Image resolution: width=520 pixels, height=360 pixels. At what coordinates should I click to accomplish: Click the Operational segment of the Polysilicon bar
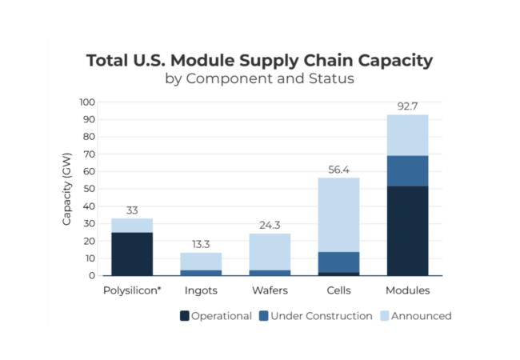pos(132,254)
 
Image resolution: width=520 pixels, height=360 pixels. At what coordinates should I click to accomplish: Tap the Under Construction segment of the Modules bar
pos(407,170)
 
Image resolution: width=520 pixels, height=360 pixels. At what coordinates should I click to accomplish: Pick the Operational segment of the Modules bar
pos(407,230)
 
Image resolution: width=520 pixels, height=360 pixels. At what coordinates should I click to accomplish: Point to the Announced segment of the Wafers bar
pos(270,251)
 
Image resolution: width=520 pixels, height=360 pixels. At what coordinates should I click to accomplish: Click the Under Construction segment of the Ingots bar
pos(201,273)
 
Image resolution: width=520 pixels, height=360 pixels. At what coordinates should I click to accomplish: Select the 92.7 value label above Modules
pos(407,106)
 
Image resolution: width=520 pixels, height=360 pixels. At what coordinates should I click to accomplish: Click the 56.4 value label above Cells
pos(338,169)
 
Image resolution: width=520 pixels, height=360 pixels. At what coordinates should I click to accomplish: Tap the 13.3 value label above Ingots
pos(201,244)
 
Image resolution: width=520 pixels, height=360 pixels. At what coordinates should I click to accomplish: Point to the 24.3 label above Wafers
pos(270,225)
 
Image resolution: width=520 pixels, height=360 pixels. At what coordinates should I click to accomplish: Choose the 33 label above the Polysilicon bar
pos(132,210)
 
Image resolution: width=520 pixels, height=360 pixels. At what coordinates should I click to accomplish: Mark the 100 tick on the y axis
pos(86,102)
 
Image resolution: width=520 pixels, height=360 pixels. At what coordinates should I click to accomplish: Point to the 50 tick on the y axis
pos(89,189)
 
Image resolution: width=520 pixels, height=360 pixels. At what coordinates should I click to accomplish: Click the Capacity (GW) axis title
pos(68,189)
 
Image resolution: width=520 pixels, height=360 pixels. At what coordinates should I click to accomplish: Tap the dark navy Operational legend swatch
pos(185,316)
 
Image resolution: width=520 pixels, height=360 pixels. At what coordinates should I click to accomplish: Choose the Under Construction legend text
pos(321,316)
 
